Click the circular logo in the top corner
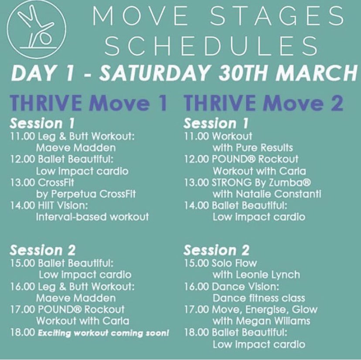pos(33,28)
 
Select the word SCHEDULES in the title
pos(211,46)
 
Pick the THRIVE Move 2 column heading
pos(264,104)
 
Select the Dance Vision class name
pos(245,287)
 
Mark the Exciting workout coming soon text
pos(102,333)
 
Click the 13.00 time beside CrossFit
pos(21,182)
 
